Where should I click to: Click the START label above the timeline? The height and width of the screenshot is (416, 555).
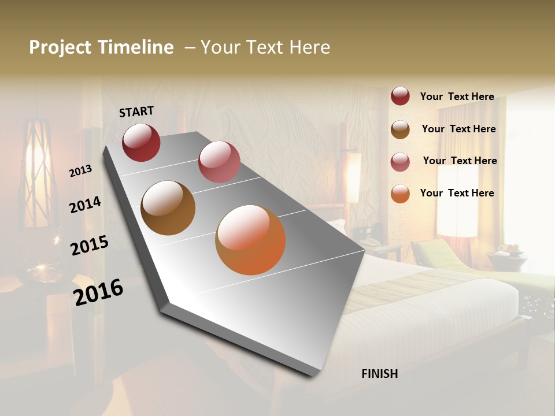(x=136, y=112)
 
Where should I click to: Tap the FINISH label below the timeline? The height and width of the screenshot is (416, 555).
(x=379, y=374)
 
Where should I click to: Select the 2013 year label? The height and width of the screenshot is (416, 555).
(x=81, y=171)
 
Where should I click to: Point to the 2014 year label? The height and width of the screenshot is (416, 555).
(x=86, y=205)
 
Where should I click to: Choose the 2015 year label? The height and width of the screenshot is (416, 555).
(x=90, y=246)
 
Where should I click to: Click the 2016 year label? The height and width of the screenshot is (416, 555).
(x=98, y=292)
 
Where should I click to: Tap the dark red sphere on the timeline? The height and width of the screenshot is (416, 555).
(x=141, y=142)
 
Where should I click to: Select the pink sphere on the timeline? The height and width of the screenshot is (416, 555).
(x=219, y=162)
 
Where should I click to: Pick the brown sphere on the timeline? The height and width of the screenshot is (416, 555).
(x=168, y=208)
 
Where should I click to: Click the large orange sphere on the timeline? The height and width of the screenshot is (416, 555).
(x=250, y=240)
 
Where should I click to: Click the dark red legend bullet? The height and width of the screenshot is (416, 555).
(x=400, y=96)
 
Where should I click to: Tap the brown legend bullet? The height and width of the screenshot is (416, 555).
(x=400, y=129)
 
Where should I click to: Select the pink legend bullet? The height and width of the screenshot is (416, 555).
(x=400, y=162)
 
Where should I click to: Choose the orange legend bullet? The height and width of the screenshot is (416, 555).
(x=400, y=194)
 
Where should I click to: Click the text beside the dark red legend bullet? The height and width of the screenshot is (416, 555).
(x=457, y=97)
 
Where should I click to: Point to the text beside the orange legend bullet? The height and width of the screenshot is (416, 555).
(x=457, y=193)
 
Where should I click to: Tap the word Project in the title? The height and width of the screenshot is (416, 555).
(x=60, y=48)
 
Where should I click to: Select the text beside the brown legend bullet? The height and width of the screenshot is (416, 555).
(x=458, y=129)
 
